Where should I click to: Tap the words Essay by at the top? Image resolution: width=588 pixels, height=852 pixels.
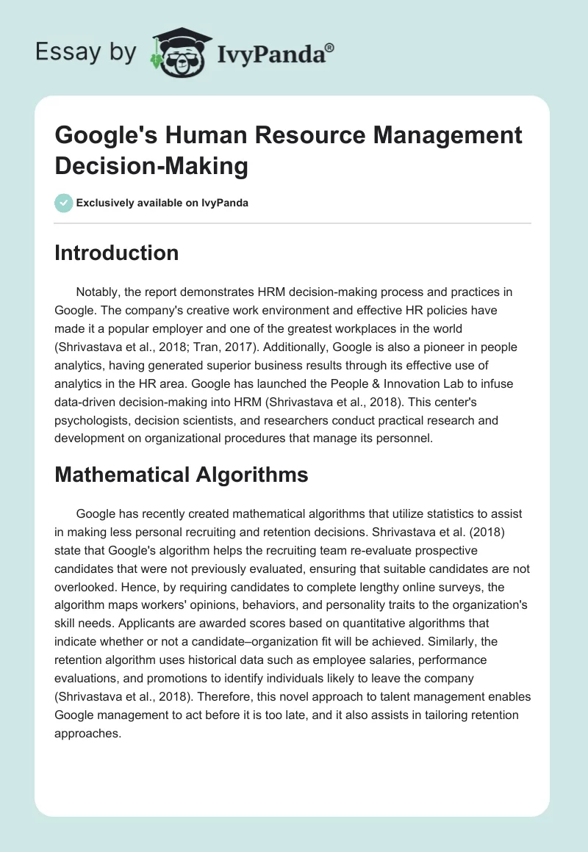[x=87, y=52]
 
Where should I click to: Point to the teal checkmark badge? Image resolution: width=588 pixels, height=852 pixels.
[x=63, y=203]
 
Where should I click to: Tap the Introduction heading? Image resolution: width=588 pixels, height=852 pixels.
[x=116, y=253]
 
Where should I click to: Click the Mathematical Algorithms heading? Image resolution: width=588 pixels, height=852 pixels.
[x=181, y=474]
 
